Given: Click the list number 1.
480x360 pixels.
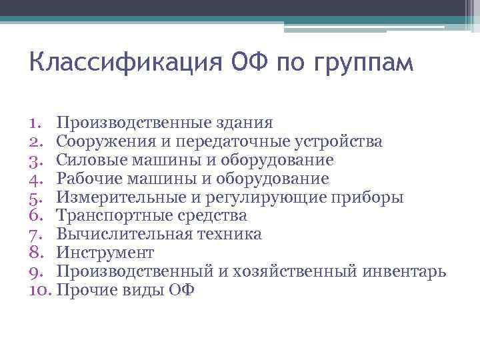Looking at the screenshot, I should pos(35,123).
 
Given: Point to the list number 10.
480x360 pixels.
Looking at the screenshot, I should pos(40,291).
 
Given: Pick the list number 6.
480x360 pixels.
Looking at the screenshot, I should pos(36,216).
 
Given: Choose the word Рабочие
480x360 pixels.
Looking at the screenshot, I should pos(87,179).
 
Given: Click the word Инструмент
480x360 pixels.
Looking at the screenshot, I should pos(105,253).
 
